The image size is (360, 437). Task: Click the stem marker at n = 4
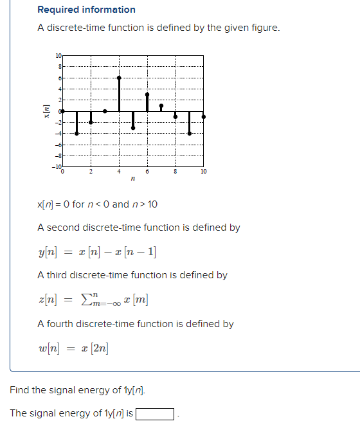tap(119, 78)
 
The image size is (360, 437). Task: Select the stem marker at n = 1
tap(76, 133)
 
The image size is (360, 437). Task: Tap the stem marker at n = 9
tap(190, 133)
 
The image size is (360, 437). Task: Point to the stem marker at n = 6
tap(147, 94)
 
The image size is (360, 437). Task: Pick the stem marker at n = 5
tap(133, 128)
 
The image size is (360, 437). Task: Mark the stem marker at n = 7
tap(161, 105)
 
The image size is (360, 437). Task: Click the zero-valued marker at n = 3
tap(105, 111)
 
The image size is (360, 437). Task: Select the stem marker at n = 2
tap(91, 122)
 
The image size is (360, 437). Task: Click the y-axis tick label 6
tap(60, 78)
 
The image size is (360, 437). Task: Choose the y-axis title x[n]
tap(46, 111)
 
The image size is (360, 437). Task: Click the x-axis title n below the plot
tap(132, 180)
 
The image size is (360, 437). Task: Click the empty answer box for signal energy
tap(155, 414)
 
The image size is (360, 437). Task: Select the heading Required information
tap(86, 10)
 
